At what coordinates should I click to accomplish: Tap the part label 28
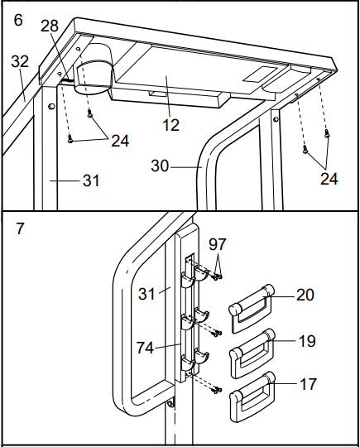click(x=50, y=26)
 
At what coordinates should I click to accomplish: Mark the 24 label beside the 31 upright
click(x=120, y=141)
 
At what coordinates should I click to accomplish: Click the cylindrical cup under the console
click(x=94, y=70)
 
